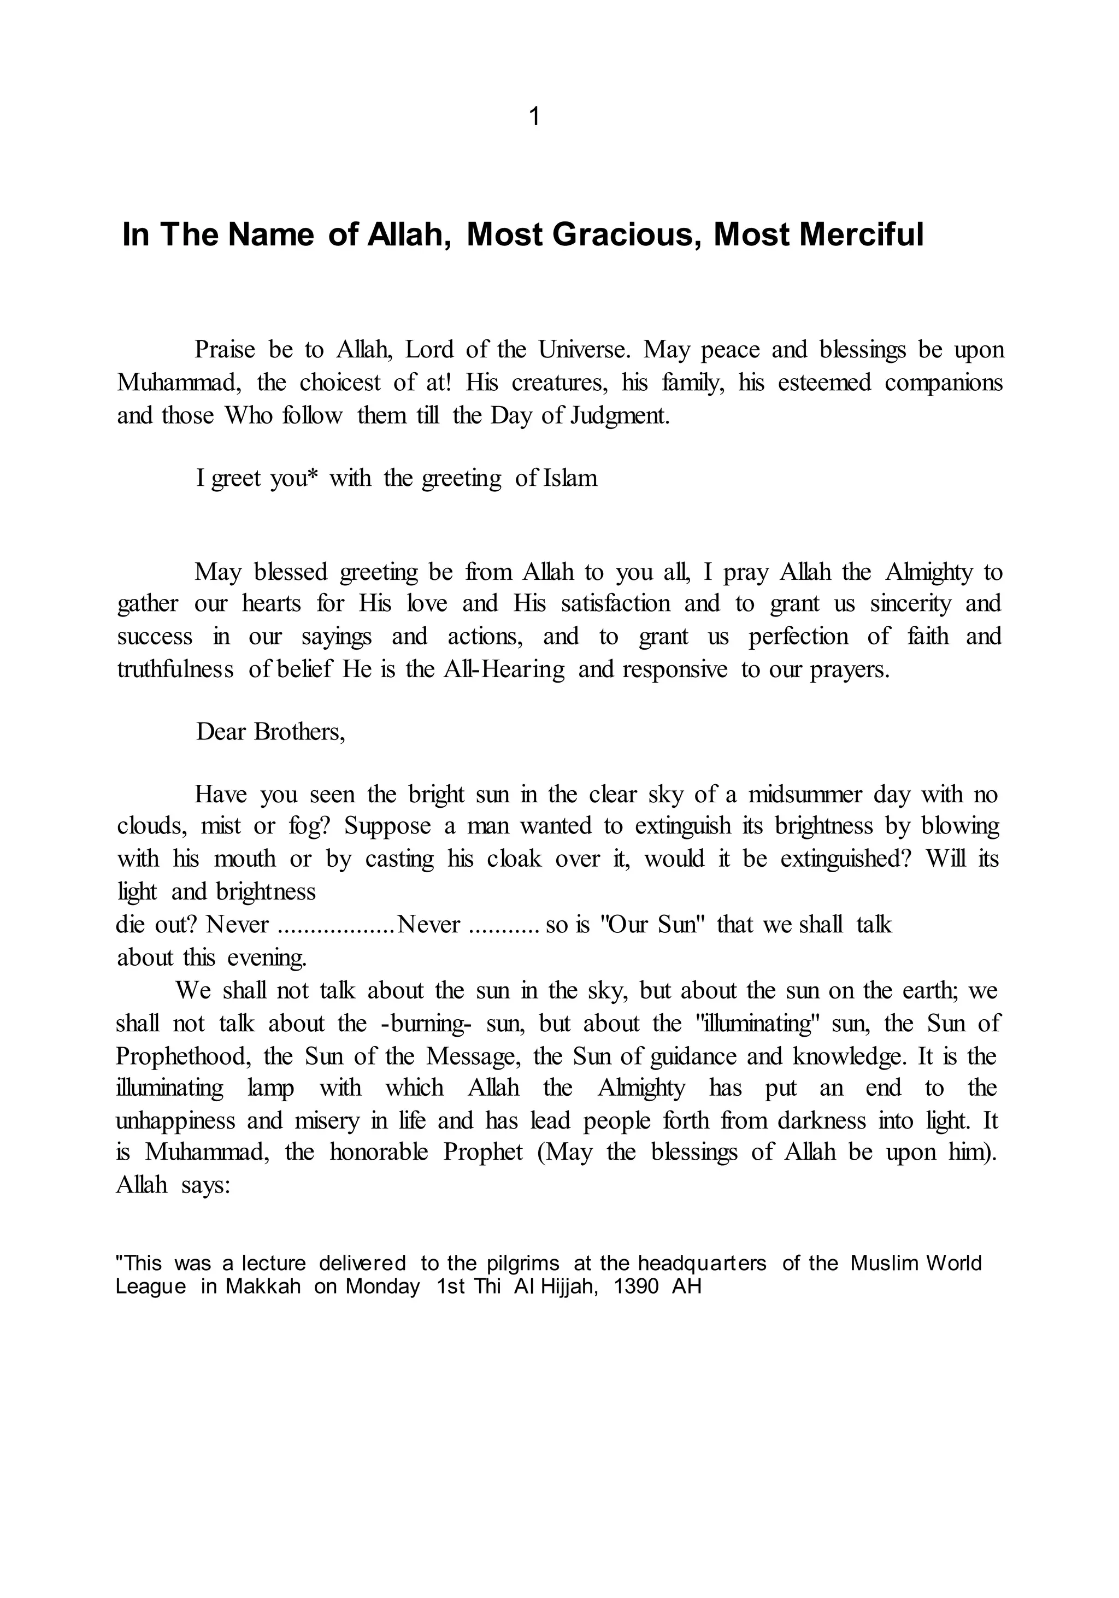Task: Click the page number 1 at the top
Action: tap(534, 117)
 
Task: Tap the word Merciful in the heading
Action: tap(862, 234)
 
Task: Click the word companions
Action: tap(944, 383)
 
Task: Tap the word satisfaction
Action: tap(616, 603)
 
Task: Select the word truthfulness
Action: tap(175, 669)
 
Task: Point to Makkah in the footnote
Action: tap(263, 1286)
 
